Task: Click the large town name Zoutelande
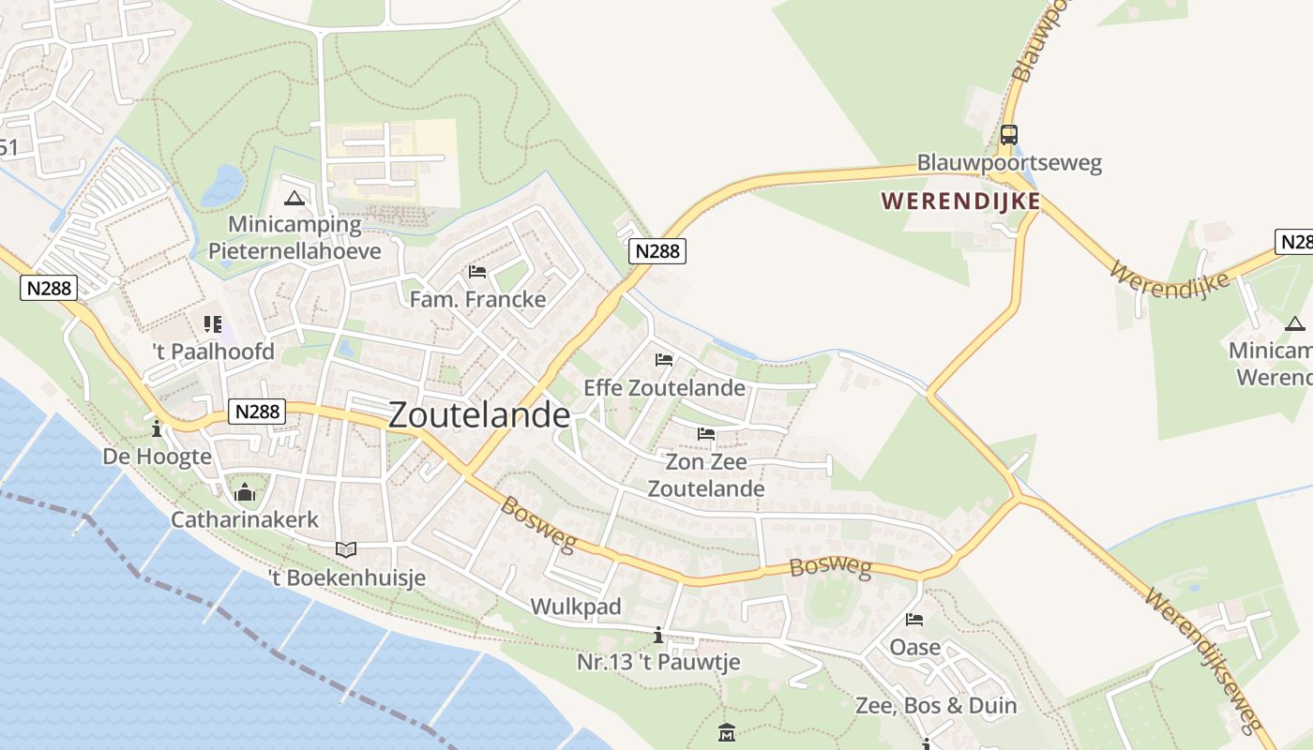point(478,415)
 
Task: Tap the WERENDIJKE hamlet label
point(960,202)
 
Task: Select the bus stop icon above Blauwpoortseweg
point(1009,134)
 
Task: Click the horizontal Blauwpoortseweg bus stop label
point(1009,163)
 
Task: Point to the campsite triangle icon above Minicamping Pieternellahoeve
point(294,198)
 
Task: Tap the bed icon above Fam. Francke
point(477,272)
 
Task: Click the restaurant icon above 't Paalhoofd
point(212,324)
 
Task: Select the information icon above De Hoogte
point(157,428)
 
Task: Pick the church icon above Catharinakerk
point(245,491)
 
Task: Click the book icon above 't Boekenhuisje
point(346,549)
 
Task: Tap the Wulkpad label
point(576,607)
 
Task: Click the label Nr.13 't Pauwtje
point(658,662)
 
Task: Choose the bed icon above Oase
point(914,620)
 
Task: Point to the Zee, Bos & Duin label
point(936,705)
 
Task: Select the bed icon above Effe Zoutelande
point(664,360)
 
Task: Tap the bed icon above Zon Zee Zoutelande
point(706,433)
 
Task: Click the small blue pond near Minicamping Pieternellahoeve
point(223,185)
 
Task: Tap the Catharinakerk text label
point(245,519)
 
